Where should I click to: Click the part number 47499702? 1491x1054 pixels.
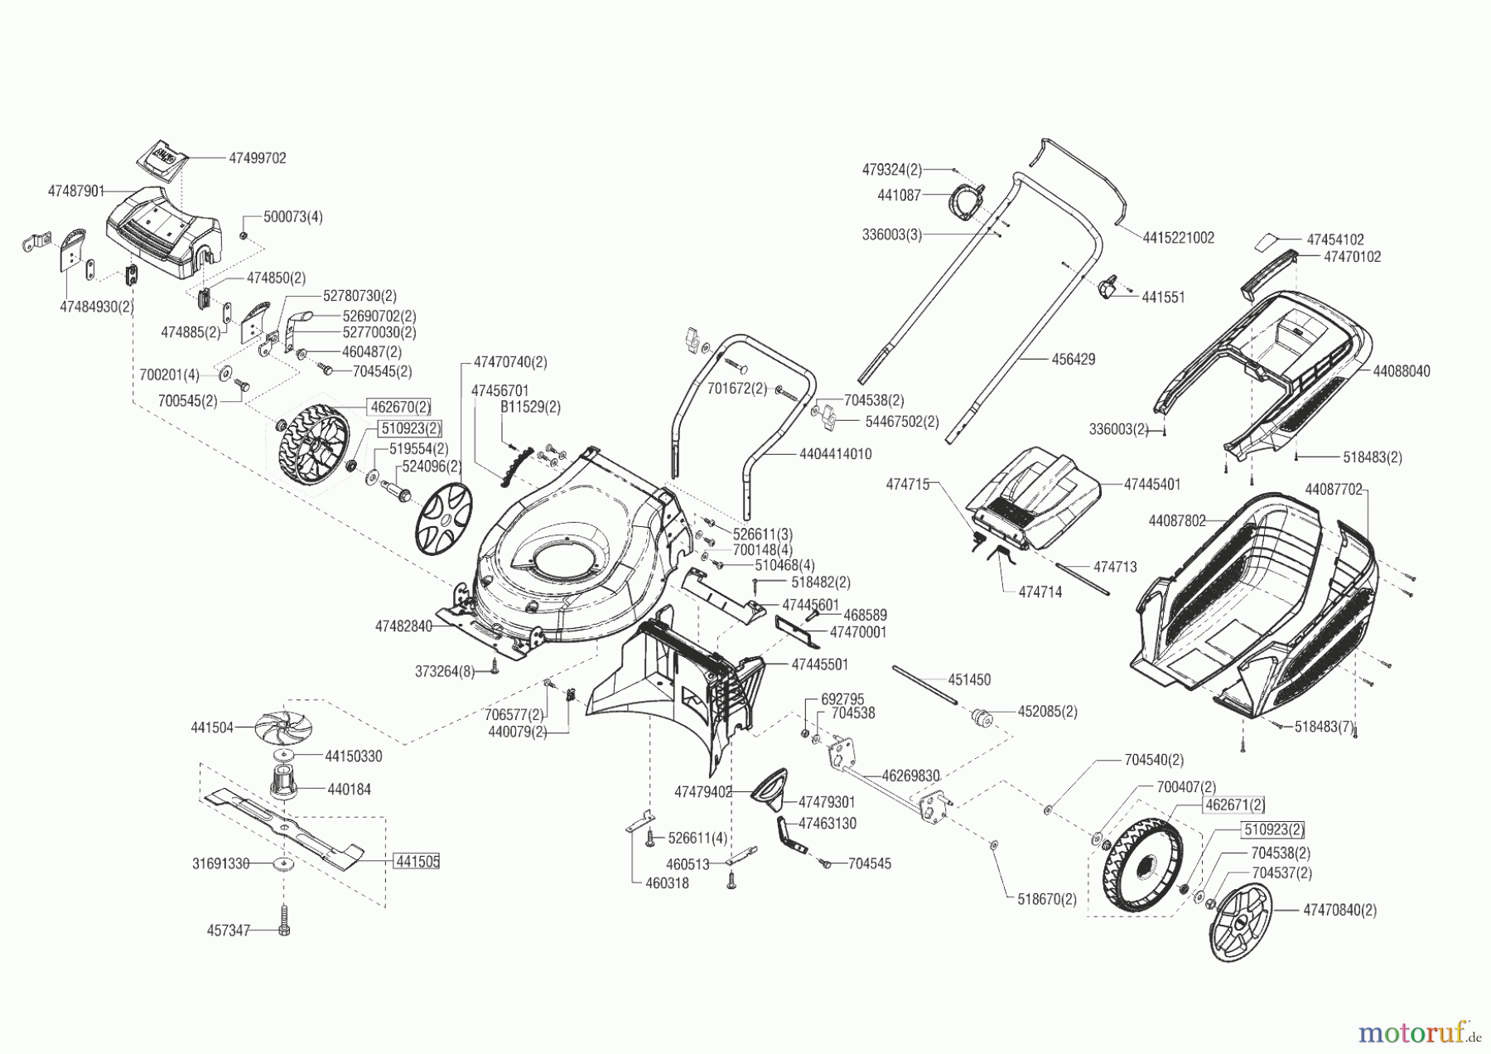(x=257, y=158)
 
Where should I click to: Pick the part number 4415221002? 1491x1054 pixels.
(x=1178, y=238)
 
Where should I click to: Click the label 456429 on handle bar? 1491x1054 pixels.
(x=1073, y=360)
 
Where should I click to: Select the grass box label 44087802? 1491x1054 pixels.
(x=1177, y=521)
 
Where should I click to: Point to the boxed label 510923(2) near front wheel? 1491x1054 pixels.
(x=410, y=428)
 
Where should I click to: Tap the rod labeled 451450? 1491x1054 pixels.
(x=924, y=684)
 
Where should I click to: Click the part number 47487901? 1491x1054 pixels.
(x=76, y=191)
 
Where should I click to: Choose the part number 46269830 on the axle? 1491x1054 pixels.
(x=910, y=776)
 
